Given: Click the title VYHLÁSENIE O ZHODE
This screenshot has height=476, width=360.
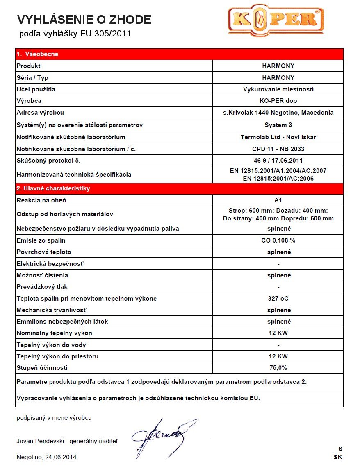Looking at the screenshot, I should (84, 19).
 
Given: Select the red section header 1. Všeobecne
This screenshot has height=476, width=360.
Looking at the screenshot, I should (37, 54).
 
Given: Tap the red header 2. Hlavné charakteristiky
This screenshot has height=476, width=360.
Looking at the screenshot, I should (53, 188).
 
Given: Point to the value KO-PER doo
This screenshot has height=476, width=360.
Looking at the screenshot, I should (278, 101).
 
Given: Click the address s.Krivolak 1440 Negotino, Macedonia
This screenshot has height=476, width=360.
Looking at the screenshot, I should (278, 113).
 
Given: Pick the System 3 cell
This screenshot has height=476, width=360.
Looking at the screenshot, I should (278, 125).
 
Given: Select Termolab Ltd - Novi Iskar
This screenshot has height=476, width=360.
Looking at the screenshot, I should (278, 137).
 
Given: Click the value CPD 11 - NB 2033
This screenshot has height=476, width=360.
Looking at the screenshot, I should (278, 149).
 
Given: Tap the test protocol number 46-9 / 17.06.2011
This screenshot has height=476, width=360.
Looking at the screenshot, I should (278, 161).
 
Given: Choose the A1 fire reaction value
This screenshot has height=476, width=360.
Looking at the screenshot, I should (278, 200).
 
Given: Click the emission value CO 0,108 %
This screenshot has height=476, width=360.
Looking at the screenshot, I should (278, 240).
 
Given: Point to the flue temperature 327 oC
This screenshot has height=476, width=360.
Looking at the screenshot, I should (278, 299).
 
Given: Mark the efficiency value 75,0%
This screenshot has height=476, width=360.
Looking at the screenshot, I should (278, 368).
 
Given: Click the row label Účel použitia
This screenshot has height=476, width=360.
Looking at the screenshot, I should (36, 89).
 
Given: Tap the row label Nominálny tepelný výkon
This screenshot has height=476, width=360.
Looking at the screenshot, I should (54, 333).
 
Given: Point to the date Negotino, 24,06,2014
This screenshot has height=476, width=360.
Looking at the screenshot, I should (46, 457).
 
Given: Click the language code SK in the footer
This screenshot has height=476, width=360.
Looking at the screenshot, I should (337, 457).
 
